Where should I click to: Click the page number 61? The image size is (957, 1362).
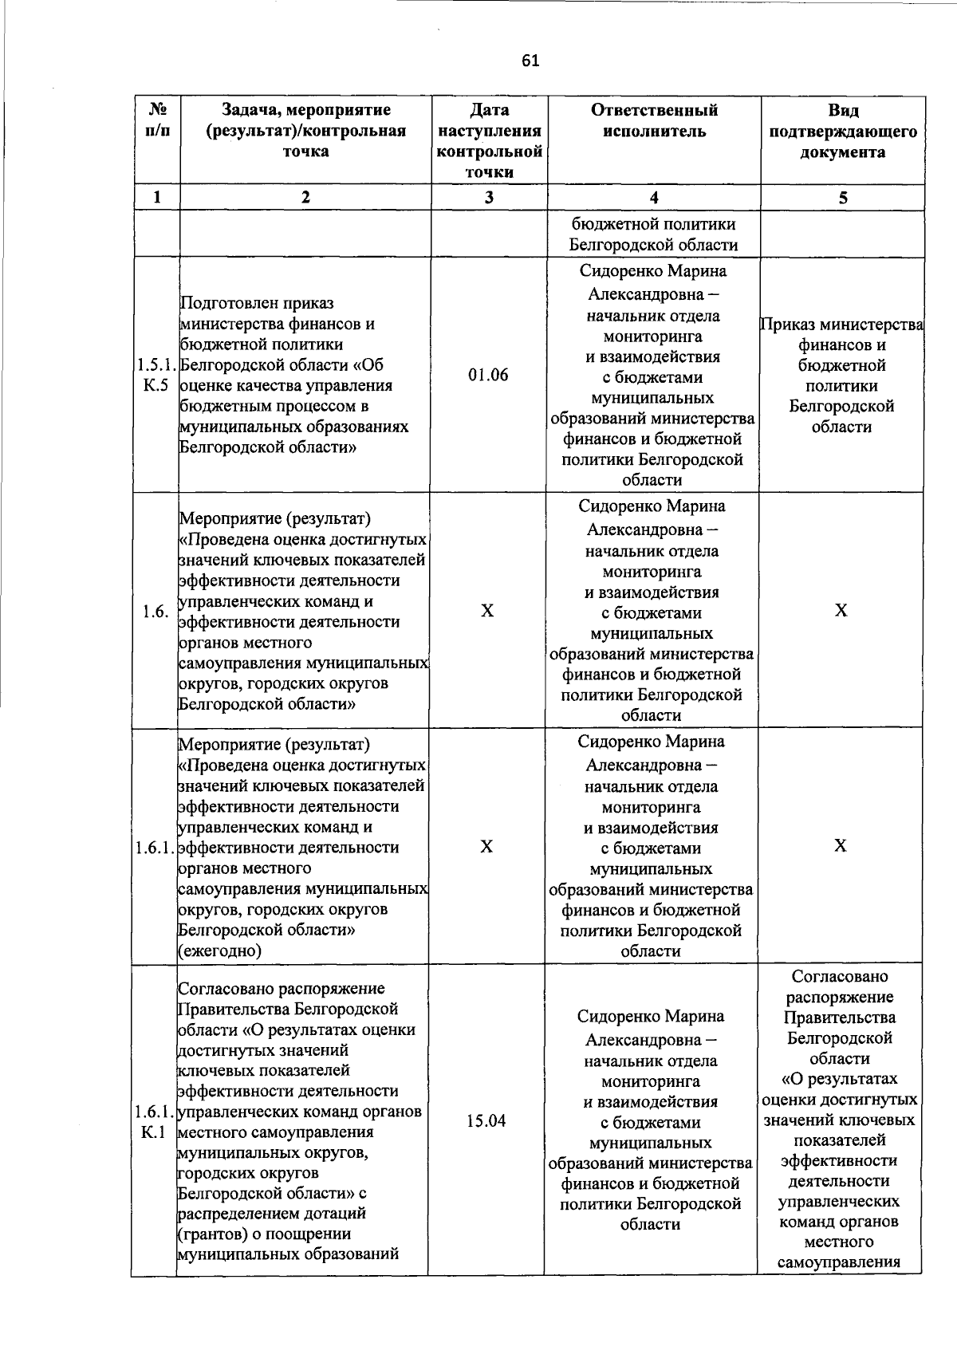[530, 61]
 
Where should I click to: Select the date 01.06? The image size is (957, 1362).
[488, 375]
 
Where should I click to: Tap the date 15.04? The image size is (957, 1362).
[486, 1121]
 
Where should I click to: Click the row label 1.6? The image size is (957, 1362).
[155, 612]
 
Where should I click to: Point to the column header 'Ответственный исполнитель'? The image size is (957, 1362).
[654, 120]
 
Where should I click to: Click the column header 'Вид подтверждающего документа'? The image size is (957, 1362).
[843, 131]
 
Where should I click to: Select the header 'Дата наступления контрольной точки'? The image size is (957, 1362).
[490, 140]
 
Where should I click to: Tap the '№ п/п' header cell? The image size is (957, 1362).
[156, 120]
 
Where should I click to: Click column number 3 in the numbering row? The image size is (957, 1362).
[489, 198]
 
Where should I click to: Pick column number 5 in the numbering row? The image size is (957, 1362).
[843, 198]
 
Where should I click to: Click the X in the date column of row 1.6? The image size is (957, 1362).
[487, 611]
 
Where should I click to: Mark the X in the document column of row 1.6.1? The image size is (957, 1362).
[841, 846]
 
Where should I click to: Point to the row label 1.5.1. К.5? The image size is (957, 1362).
[156, 376]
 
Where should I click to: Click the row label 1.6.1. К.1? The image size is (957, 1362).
[154, 1121]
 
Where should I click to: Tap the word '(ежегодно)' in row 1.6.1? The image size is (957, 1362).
[219, 951]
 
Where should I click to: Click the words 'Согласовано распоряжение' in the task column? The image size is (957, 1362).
[281, 989]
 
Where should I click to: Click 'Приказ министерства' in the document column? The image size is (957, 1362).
[842, 325]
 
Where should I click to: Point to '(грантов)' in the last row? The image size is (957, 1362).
[211, 1234]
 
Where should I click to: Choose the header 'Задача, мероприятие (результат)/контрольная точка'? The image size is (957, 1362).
[306, 131]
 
